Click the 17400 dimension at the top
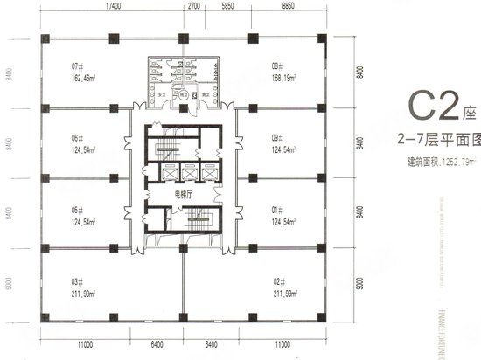tap(112, 6)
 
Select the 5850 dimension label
tap(227, 6)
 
